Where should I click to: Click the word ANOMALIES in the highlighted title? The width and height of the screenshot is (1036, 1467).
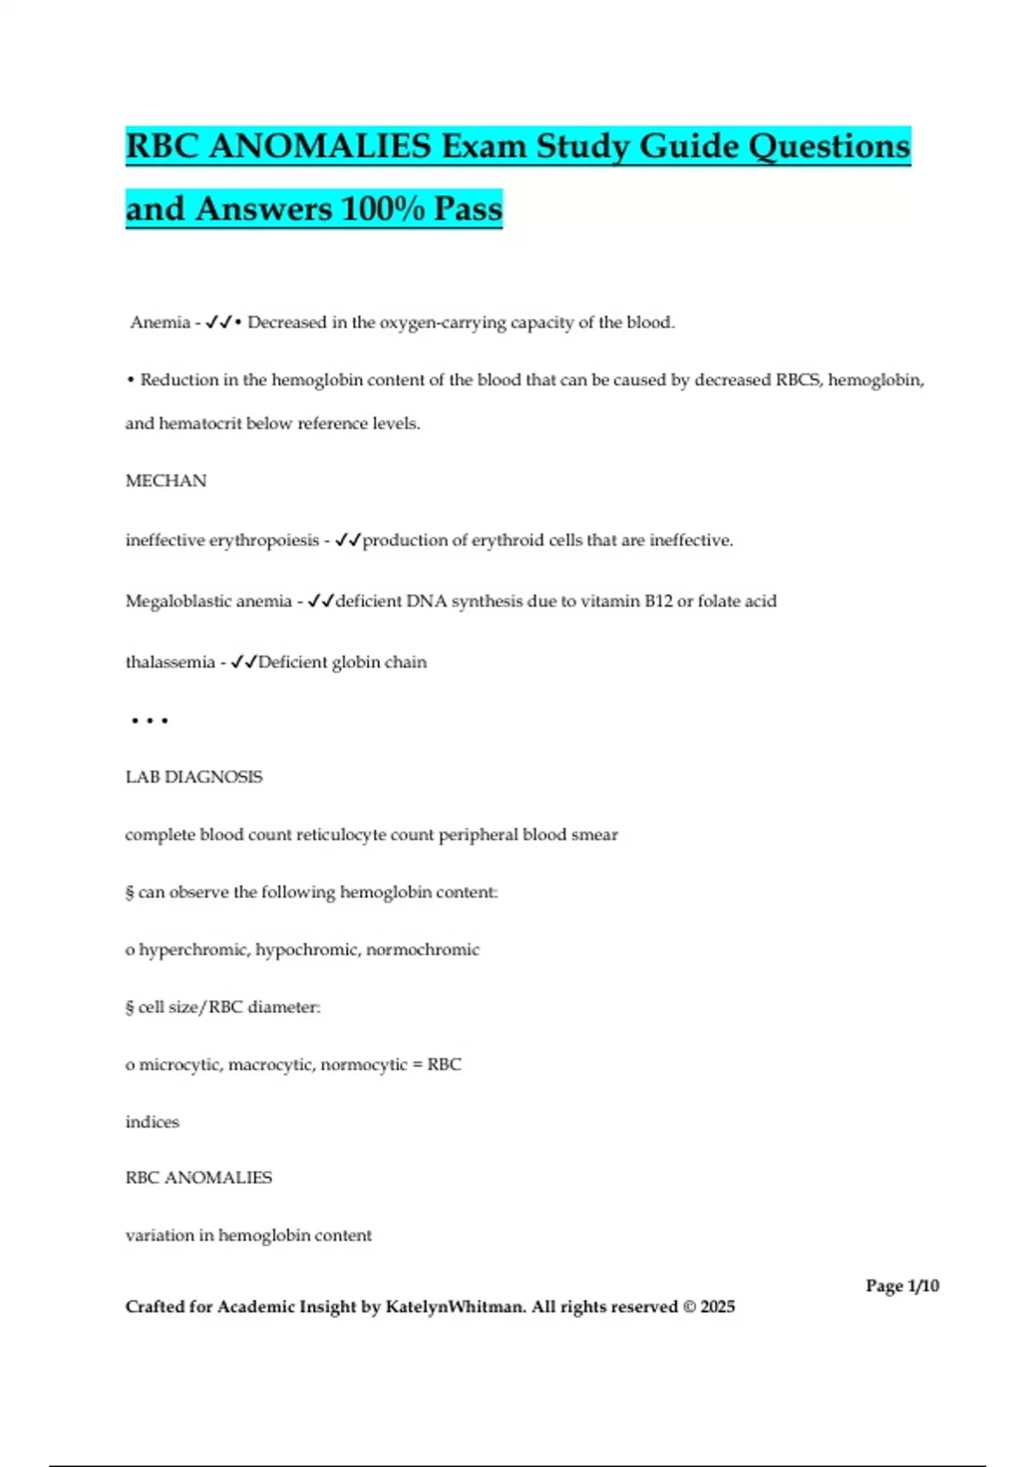click(319, 147)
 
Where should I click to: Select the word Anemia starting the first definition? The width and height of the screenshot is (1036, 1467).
click(160, 323)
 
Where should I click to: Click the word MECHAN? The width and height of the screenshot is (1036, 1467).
click(166, 481)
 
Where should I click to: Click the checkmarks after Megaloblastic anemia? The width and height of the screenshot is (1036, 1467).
click(320, 601)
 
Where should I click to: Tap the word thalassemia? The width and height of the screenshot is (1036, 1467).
click(170, 663)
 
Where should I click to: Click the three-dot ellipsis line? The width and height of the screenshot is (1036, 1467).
click(149, 720)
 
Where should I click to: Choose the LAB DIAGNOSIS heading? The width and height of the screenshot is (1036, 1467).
click(193, 778)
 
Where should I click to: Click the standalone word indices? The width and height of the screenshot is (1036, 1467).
click(152, 1123)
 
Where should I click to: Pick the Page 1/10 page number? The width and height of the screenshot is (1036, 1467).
click(902, 1286)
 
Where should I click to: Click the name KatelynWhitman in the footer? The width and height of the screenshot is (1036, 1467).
click(454, 1307)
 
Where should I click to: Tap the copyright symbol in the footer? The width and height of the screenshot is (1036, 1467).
click(688, 1307)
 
